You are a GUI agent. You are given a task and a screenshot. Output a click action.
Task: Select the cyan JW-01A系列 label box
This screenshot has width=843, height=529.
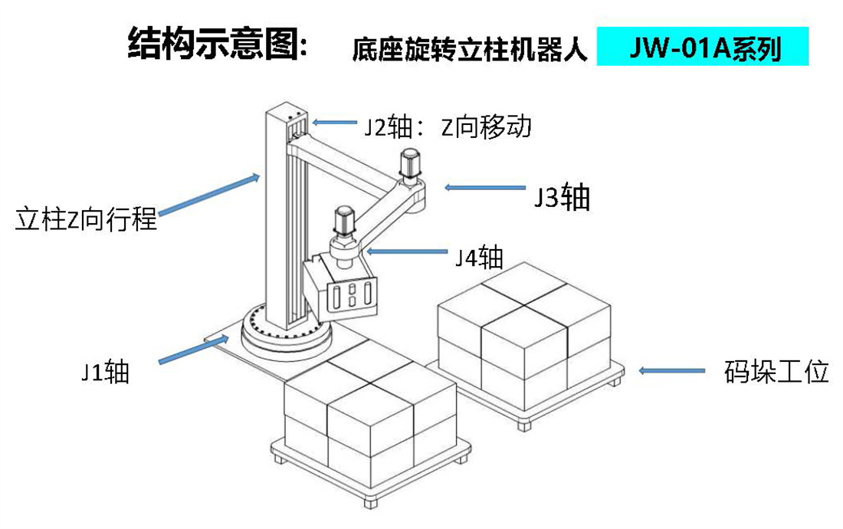[702, 48]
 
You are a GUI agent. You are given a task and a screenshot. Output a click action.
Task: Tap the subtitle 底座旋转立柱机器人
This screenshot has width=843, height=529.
[470, 50]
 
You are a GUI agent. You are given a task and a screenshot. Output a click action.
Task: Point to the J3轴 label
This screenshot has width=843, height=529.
[563, 197]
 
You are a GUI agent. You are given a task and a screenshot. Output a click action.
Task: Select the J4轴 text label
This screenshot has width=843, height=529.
[479, 258]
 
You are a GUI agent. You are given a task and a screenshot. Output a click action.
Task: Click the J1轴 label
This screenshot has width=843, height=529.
[106, 371]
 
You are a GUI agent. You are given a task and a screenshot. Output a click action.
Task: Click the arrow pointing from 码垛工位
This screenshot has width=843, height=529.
[671, 371]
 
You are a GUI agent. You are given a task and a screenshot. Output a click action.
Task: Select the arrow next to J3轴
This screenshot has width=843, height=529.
[485, 187]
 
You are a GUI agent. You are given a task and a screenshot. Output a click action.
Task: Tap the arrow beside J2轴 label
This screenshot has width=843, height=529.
[334, 122]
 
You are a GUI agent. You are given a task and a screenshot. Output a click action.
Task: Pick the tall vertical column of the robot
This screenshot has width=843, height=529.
[277, 222]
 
